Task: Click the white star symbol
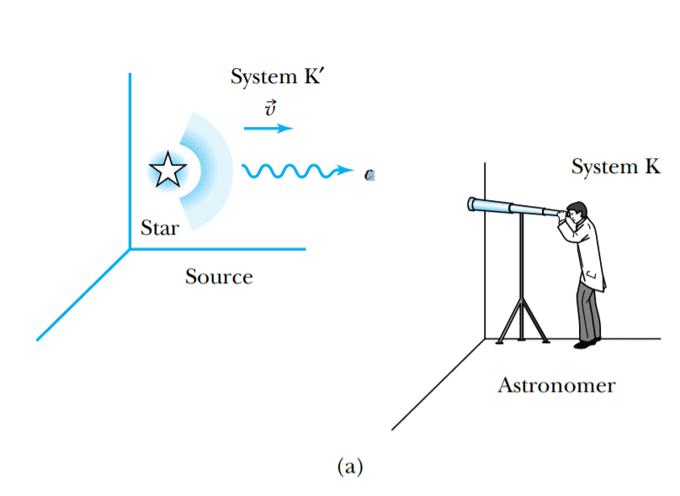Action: tap(167, 171)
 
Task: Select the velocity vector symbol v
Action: tap(269, 110)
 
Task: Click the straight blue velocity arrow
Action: tap(268, 129)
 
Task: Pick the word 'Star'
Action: tap(159, 228)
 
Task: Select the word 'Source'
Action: tap(219, 276)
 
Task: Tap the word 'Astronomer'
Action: tap(556, 386)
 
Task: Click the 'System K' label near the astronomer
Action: tap(615, 166)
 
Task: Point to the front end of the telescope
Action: tap(473, 203)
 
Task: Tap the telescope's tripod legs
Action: tap(523, 324)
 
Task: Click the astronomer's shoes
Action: tap(587, 342)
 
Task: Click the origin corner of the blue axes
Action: tap(130, 248)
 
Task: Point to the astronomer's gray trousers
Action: tap(588, 311)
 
